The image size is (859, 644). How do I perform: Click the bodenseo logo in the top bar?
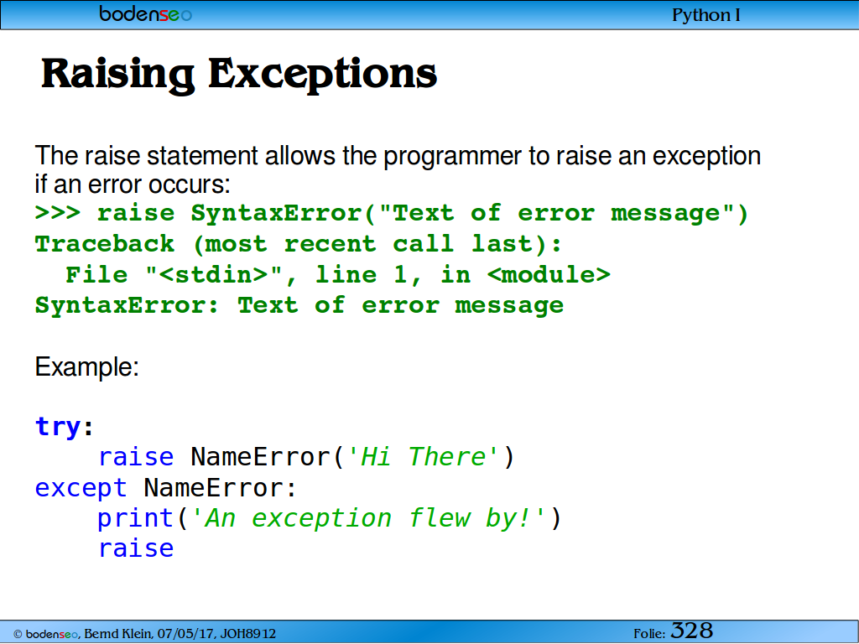[x=146, y=13]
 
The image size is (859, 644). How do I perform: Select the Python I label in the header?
[x=706, y=15]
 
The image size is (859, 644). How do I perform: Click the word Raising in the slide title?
[x=117, y=74]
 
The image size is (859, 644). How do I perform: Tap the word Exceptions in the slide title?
[x=323, y=74]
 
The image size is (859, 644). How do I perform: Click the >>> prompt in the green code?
[x=58, y=212]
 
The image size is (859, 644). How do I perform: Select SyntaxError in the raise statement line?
[x=277, y=214]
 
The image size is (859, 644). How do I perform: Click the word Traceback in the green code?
[x=105, y=244]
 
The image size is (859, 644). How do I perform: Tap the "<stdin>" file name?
[x=214, y=274]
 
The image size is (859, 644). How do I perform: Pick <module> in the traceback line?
[x=549, y=274]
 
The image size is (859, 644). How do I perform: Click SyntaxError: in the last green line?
[x=128, y=305]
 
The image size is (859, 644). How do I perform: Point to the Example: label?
[x=87, y=366]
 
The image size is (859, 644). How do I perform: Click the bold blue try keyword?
[x=58, y=427]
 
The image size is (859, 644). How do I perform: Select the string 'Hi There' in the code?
[x=423, y=457]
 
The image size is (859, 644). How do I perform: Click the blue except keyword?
[x=81, y=488]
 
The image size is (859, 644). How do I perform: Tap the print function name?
[x=136, y=518]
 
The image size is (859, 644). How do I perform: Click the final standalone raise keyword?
[x=136, y=548]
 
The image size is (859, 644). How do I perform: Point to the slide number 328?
[x=691, y=631]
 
